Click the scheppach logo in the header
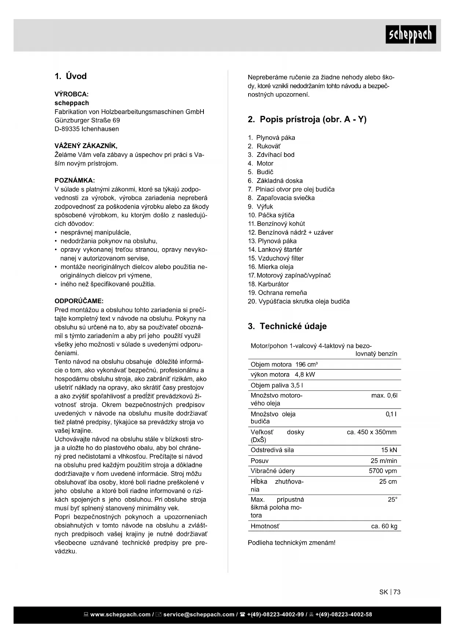[x=411, y=34]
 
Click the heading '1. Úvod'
[x=71, y=76]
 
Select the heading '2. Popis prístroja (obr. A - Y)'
[x=307, y=120]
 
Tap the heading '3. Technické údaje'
[x=287, y=326]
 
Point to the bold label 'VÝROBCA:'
[x=71, y=94]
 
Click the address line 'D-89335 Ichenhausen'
[x=87, y=129]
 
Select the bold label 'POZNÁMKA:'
[x=75, y=181]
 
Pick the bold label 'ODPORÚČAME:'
[x=79, y=301]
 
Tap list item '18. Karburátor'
[x=268, y=284]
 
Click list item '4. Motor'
[x=260, y=163]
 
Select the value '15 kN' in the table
[x=389, y=450]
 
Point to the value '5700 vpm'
[x=383, y=471]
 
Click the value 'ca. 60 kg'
[x=384, y=526]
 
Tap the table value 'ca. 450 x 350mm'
[x=371, y=432]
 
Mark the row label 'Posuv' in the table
[x=260, y=461]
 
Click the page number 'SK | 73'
[x=390, y=592]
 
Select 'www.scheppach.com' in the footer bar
[x=120, y=614]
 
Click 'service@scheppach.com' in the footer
[x=199, y=614]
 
